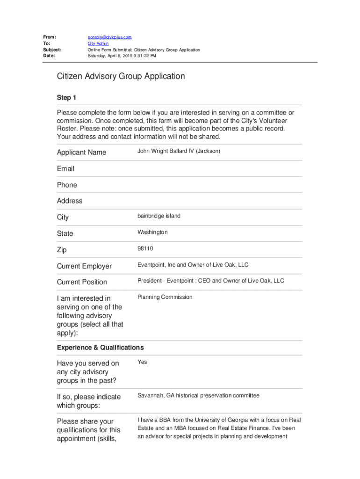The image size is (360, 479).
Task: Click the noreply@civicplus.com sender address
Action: (x=110, y=37)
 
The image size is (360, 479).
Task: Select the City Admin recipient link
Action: (x=98, y=44)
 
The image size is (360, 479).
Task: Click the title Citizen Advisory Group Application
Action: (x=121, y=76)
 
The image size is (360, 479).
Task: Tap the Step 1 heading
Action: (x=66, y=97)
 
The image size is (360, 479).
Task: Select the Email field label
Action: (x=65, y=168)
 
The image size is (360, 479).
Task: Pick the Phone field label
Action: (x=67, y=185)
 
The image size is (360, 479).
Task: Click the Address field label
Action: (x=70, y=201)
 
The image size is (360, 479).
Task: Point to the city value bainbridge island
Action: (x=158, y=216)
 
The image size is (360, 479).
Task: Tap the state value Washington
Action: (x=152, y=232)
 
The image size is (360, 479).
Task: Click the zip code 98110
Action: (x=145, y=248)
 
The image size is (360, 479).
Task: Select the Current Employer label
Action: (x=84, y=266)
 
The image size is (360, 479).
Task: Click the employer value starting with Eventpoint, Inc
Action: (x=193, y=265)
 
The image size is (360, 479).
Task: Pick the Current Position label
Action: (x=82, y=282)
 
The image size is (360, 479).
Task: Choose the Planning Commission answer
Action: (x=165, y=297)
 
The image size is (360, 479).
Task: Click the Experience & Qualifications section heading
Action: (x=100, y=348)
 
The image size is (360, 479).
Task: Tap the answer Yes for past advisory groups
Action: (x=142, y=362)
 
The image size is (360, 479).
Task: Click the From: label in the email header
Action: (x=50, y=37)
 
